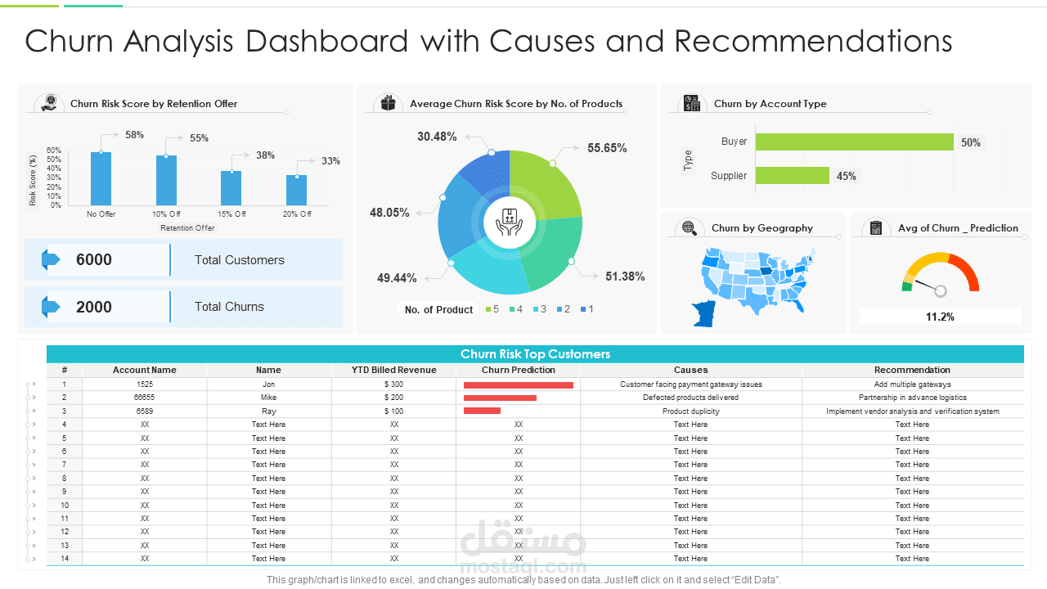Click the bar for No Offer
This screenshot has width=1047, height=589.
tap(101, 178)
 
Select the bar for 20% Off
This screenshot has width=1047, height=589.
tap(296, 190)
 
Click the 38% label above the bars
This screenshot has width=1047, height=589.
tap(265, 155)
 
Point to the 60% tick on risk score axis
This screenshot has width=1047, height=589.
tap(53, 151)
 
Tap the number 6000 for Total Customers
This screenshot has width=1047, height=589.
tap(94, 260)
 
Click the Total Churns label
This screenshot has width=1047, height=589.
tap(229, 307)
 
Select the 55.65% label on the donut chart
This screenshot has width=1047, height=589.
tap(607, 148)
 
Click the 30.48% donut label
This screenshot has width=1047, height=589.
tap(437, 137)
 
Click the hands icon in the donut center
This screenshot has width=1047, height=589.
tap(510, 222)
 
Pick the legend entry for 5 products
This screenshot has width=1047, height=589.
tap(492, 309)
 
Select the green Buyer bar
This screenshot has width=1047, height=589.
tap(854, 142)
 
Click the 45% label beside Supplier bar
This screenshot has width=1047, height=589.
tap(846, 176)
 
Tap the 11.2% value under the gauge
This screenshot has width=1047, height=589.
tap(940, 317)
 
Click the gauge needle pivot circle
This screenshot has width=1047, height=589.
tap(940, 290)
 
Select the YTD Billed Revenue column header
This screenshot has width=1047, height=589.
tap(393, 370)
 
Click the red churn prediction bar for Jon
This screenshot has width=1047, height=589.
tap(518, 384)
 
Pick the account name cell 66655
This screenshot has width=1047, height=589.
tap(145, 398)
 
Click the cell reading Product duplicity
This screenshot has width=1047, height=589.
tap(690, 411)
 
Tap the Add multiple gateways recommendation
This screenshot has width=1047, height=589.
tap(912, 384)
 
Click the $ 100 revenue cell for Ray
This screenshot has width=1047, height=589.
tap(393, 411)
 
